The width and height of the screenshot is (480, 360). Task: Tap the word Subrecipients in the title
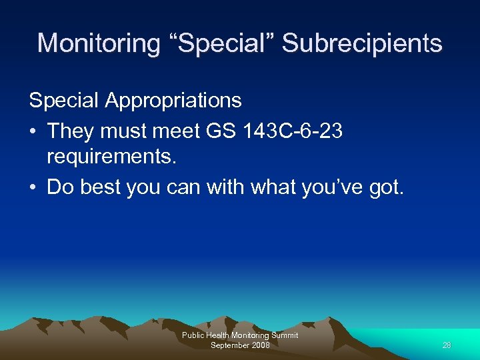[x=362, y=43]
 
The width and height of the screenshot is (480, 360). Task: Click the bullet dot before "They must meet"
[x=33, y=131]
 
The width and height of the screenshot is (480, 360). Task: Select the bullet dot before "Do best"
[x=33, y=187]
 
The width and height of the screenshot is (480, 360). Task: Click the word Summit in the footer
[x=285, y=335]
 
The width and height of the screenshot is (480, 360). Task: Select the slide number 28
[x=447, y=345]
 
